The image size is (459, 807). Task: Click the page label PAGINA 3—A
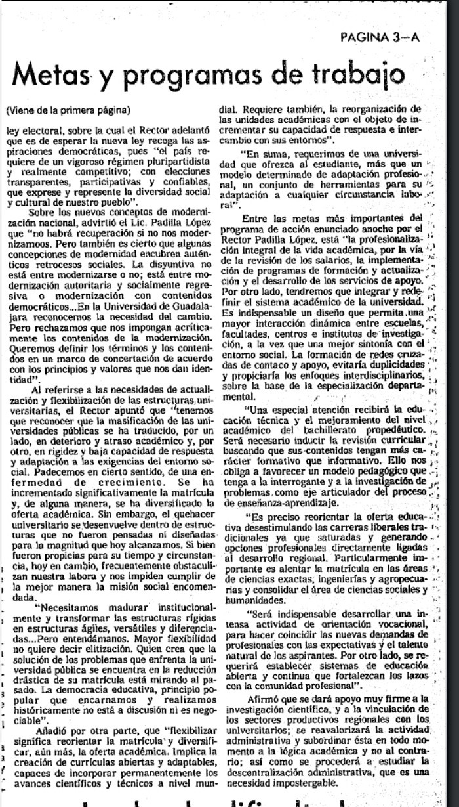(380, 38)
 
